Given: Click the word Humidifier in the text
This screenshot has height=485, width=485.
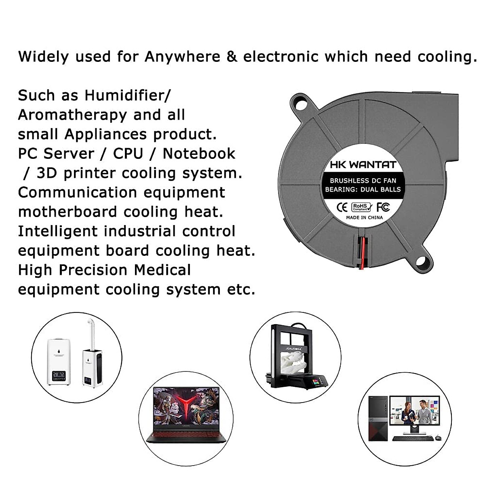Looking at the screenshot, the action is point(127,96).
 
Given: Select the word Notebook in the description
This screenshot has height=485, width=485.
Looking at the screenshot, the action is point(199,154).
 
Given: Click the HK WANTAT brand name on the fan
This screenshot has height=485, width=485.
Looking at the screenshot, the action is point(363,164).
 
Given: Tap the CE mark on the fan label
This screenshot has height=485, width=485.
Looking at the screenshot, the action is point(342,207).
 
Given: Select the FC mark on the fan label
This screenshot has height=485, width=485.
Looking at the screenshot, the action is point(383,207).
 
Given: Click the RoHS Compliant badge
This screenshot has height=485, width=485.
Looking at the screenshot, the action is point(361,207).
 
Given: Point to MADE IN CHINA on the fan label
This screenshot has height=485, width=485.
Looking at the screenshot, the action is point(364,217).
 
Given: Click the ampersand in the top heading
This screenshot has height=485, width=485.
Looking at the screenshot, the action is point(232,57).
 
